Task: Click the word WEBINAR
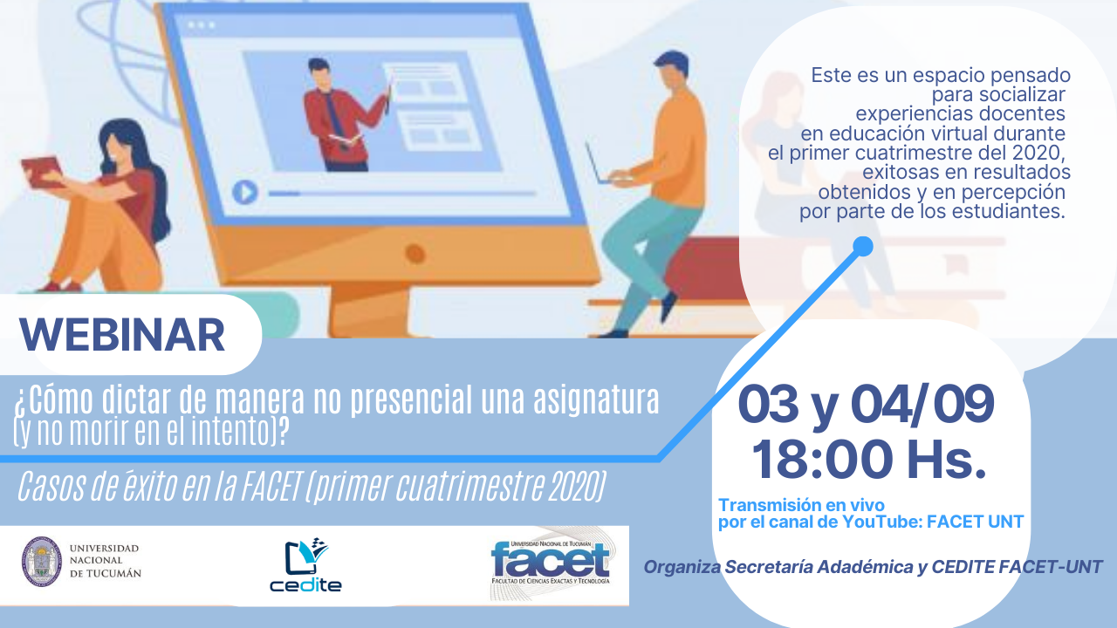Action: pos(122,334)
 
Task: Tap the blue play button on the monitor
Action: pos(245,193)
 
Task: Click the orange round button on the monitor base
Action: pos(415,254)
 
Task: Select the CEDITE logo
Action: pos(305,565)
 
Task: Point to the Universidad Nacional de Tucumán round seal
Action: pos(42,561)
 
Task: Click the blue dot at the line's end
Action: pos(863,246)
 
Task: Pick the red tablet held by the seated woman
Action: pos(41,172)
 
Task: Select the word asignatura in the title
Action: pos(596,400)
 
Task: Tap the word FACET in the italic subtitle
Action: pos(271,486)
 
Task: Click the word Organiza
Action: pos(682,567)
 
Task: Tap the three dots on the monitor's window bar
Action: pos(201,24)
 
